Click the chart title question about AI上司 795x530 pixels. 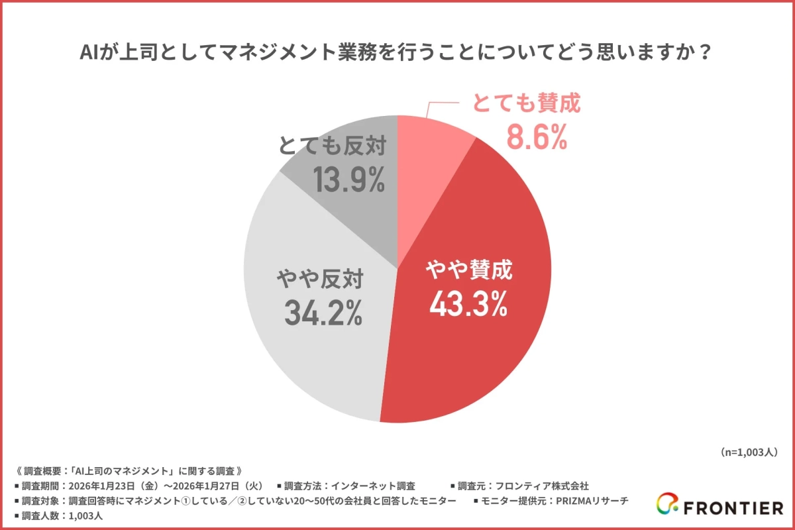click(x=397, y=52)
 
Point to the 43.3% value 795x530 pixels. click(x=468, y=304)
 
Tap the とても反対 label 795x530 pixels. click(x=332, y=146)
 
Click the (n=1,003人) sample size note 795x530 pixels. click(x=748, y=452)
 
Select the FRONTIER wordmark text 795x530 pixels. click(x=733, y=508)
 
